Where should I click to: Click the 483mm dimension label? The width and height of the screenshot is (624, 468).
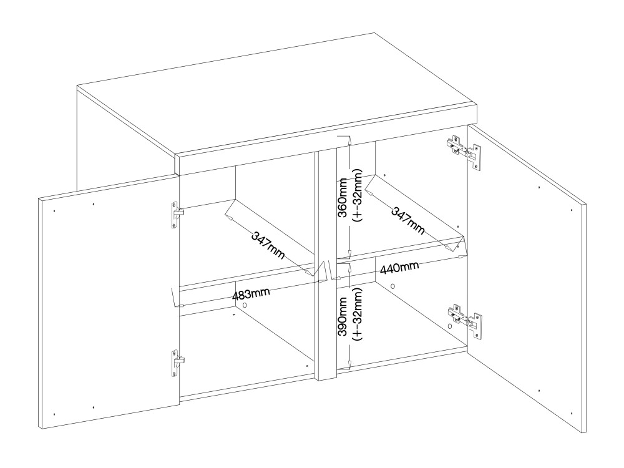[x=251, y=294]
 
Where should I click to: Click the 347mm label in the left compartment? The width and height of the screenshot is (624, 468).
[x=268, y=245]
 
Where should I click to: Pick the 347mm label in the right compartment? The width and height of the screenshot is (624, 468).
[x=407, y=220]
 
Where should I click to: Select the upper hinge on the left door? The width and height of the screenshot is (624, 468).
[x=177, y=215]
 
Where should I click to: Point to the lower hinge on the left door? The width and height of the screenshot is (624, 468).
[x=177, y=363]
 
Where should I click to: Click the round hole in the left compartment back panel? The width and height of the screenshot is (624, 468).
[x=245, y=305]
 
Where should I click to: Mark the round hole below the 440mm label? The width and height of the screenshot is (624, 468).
[x=392, y=286]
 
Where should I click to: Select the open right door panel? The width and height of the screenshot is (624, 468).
[x=526, y=278]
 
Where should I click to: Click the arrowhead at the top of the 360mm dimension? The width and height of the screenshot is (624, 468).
[x=349, y=140]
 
